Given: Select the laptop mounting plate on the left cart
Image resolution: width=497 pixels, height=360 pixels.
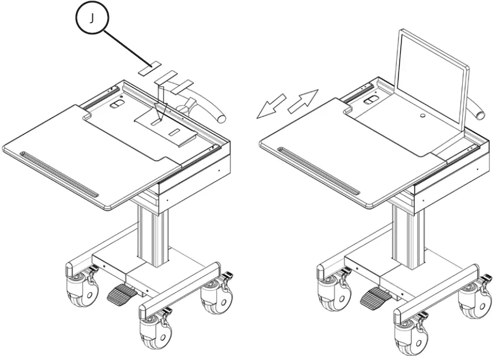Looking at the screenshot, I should (x=165, y=126).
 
